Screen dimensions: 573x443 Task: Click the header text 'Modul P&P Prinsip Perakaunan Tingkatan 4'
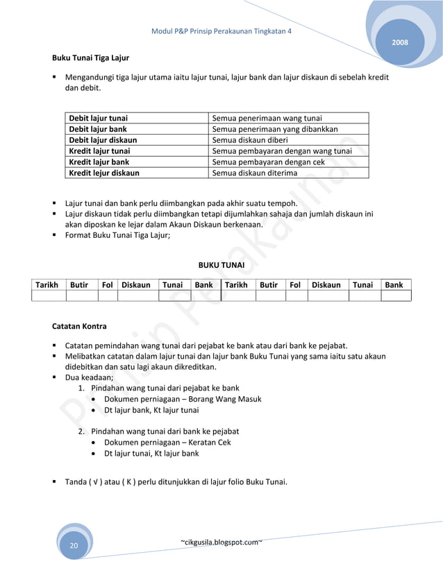(x=221, y=32)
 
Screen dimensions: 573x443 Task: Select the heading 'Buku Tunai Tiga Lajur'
(x=90, y=58)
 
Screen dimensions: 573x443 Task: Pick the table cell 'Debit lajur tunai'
(x=98, y=118)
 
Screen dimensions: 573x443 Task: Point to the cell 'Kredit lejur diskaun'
(x=103, y=173)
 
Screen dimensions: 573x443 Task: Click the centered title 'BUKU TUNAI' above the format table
(x=221, y=264)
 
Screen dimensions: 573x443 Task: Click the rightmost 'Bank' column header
(x=394, y=284)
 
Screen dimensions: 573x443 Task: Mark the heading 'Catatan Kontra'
(x=80, y=326)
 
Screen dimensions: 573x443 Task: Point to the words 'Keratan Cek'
(x=209, y=442)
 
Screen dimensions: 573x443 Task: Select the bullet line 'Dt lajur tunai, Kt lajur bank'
(x=151, y=453)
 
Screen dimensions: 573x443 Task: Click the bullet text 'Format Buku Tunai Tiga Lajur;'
(x=122, y=235)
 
